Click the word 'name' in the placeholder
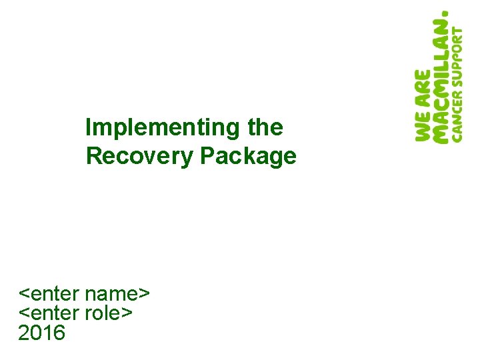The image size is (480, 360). click(x=113, y=294)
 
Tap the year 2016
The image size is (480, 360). click(x=42, y=331)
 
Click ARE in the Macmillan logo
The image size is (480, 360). click(x=423, y=87)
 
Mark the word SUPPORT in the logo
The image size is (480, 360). click(x=457, y=59)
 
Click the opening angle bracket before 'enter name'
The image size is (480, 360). click(x=23, y=295)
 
